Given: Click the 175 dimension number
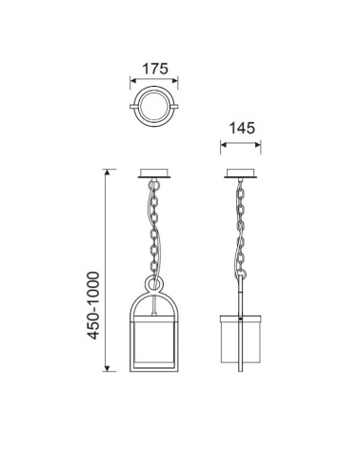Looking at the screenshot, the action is (x=154, y=69).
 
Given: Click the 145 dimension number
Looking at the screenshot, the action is (x=242, y=128).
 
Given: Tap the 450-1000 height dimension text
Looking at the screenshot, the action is (x=93, y=305).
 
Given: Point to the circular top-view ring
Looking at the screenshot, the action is (x=154, y=90).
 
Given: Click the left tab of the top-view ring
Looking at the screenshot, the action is (x=134, y=106).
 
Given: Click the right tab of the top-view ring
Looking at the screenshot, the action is (x=174, y=106).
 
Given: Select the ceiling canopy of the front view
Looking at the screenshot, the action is (x=154, y=174).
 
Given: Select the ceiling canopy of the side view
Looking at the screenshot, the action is (x=241, y=174).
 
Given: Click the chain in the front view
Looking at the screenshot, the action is (x=154, y=228).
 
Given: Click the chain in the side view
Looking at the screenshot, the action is (x=241, y=228).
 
